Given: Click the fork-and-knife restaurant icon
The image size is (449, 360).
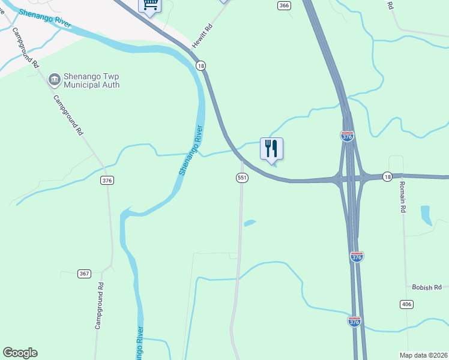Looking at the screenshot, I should click(271, 148).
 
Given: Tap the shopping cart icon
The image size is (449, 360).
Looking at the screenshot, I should click(149, 4).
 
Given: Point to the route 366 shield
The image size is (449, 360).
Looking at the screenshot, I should click(285, 5).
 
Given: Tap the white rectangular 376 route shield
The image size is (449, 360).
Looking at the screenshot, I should click(107, 180).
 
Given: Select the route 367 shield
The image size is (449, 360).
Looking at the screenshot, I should click(84, 274).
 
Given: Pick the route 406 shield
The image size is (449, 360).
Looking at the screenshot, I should click(407, 305).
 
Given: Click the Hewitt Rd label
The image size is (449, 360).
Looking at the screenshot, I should click(203, 37).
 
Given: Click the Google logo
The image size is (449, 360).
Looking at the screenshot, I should click(20, 353).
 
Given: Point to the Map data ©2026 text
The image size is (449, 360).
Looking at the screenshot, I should click(423, 355).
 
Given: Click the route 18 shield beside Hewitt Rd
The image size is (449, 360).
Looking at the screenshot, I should click(201, 65).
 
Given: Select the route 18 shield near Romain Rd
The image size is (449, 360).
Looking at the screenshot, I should click(387, 176).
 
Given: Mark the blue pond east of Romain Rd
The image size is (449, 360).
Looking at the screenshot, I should click(426, 215).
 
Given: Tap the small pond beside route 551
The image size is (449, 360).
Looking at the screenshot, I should click(250, 223).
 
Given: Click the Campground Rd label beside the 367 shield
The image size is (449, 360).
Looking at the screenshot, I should click(99, 306).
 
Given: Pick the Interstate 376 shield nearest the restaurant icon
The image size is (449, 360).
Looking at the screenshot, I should click(347, 136).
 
